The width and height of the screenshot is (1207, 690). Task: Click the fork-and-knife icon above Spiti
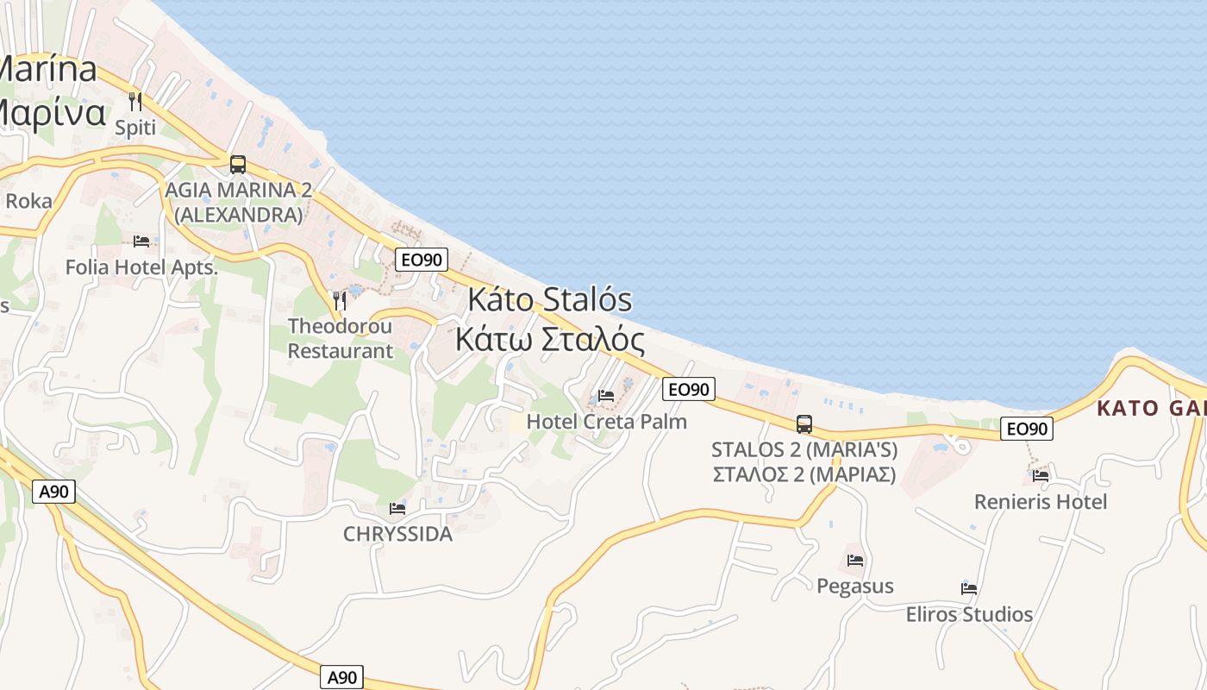click(x=135, y=102)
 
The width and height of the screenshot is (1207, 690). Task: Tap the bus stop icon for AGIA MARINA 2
click(x=238, y=165)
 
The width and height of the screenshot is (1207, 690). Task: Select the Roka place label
click(x=28, y=201)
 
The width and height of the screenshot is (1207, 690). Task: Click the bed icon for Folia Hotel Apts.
click(x=141, y=241)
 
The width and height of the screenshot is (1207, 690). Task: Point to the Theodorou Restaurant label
click(x=340, y=338)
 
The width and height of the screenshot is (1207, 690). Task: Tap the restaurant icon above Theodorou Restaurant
click(x=340, y=300)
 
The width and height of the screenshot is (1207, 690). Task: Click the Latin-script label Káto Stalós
click(x=549, y=300)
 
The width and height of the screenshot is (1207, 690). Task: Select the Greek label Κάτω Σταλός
click(x=549, y=340)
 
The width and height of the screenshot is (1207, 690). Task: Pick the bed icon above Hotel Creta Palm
click(x=606, y=396)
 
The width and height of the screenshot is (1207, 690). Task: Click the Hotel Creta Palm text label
click(x=606, y=422)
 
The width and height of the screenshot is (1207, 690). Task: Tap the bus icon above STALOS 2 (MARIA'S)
click(x=804, y=423)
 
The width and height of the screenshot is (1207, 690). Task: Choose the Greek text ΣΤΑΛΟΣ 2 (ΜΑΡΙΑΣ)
click(x=804, y=474)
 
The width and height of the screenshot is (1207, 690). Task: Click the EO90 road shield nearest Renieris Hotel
click(x=1027, y=429)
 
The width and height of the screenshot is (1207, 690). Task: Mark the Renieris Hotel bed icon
click(x=1041, y=475)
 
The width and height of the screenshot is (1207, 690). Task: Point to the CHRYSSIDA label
click(x=397, y=534)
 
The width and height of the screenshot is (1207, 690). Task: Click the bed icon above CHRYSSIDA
click(x=397, y=508)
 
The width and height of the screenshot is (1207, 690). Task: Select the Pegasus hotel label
click(x=854, y=586)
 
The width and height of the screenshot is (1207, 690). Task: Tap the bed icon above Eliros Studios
click(x=969, y=588)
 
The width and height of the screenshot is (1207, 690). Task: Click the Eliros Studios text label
click(x=969, y=614)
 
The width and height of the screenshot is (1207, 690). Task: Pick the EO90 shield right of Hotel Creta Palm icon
click(x=689, y=390)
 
